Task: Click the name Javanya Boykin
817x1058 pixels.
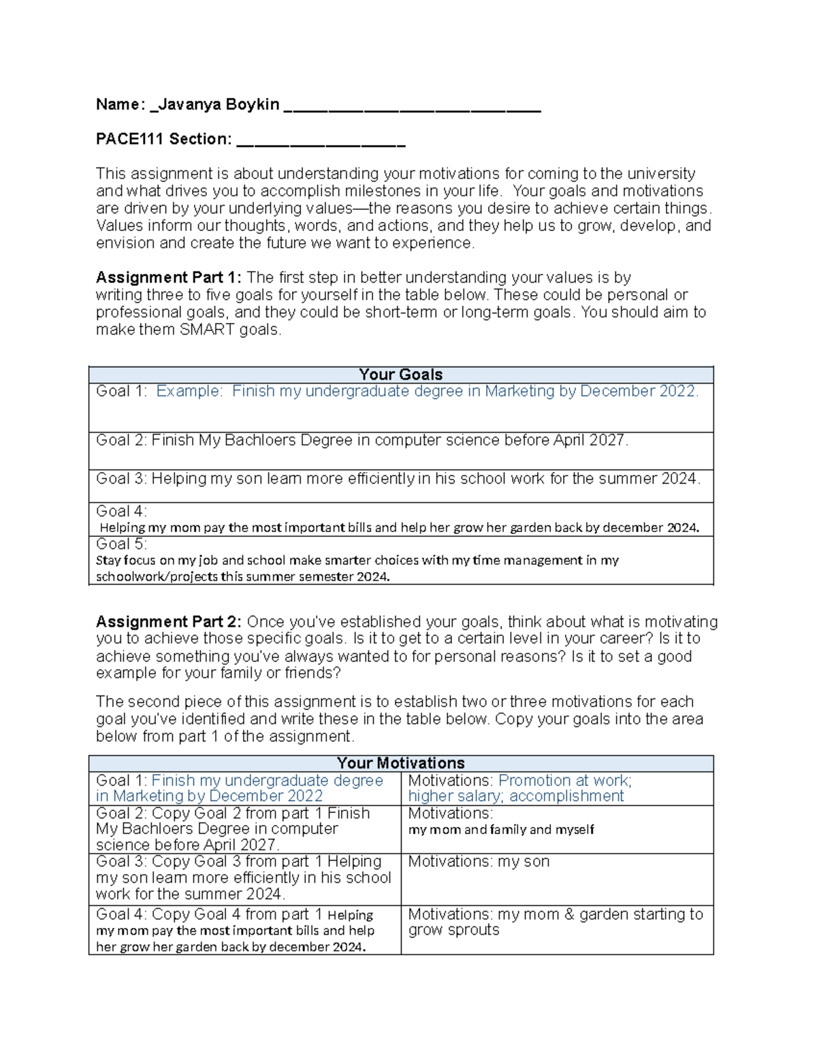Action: pyautogui.click(x=218, y=104)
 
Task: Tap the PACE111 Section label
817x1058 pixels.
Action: pyautogui.click(x=163, y=139)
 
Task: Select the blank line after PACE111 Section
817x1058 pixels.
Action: pyautogui.click(x=321, y=142)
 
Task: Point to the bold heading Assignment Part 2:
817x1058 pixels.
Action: pyautogui.click(x=168, y=621)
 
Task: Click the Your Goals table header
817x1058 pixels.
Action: pyautogui.click(x=400, y=374)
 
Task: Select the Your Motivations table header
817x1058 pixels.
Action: pyautogui.click(x=400, y=763)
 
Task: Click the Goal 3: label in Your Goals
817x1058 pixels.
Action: pyautogui.click(x=121, y=478)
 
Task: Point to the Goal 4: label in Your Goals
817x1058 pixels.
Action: pyautogui.click(x=121, y=511)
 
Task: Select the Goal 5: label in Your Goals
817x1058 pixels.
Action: pyautogui.click(x=121, y=544)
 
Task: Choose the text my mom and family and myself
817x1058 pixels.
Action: pyautogui.click(x=501, y=829)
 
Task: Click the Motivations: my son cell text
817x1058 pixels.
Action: pyautogui.click(x=479, y=861)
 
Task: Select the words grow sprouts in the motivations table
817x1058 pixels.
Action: pyautogui.click(x=453, y=930)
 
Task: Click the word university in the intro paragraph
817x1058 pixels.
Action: pyautogui.click(x=661, y=174)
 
